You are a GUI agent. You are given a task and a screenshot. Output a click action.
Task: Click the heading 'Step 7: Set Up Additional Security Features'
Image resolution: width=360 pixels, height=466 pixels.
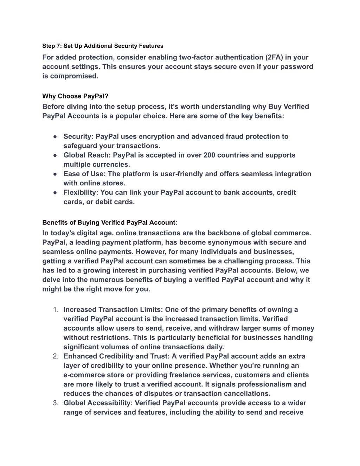coord(103,46)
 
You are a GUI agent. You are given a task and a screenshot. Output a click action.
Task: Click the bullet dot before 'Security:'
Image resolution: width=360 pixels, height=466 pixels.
coord(56,136)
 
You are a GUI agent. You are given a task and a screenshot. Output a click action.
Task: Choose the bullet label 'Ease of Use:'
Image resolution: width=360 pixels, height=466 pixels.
coord(85,174)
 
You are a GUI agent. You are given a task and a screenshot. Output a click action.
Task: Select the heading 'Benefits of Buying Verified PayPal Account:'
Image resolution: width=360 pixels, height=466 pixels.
coord(110,222)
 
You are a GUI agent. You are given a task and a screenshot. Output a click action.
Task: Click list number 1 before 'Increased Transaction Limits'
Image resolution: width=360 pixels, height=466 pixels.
coord(56,309)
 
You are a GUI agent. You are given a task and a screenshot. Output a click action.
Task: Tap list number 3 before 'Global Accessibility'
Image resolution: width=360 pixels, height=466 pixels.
coord(56,403)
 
